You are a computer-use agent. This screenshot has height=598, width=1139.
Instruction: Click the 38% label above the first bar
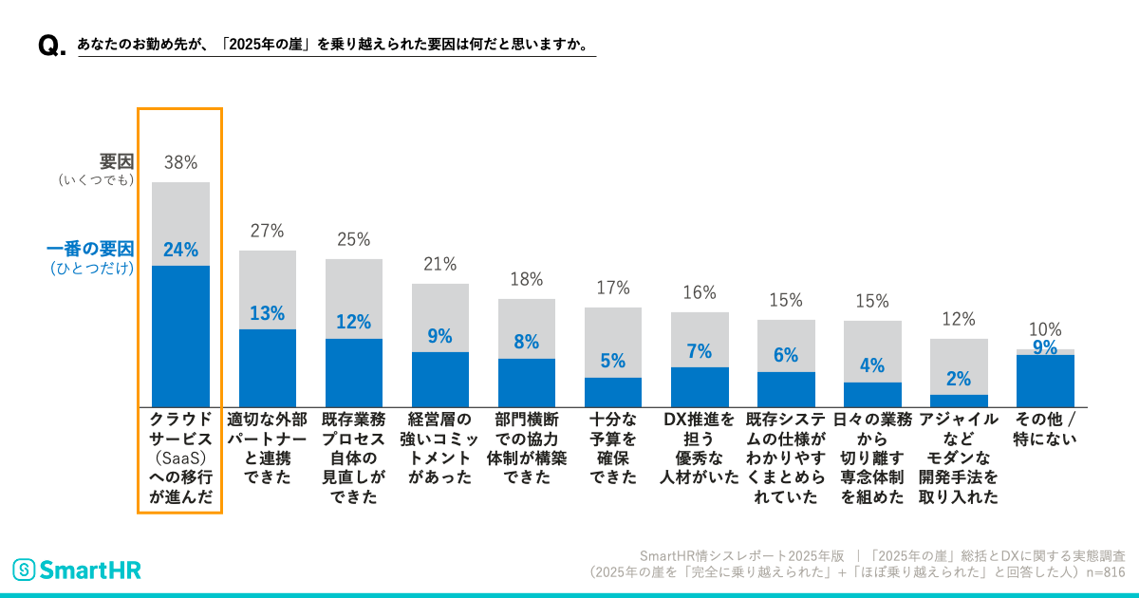[180, 162]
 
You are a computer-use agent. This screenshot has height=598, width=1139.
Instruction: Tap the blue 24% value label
[180, 250]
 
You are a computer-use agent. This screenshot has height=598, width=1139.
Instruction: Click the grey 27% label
[267, 231]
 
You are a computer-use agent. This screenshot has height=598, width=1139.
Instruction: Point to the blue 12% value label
[353, 322]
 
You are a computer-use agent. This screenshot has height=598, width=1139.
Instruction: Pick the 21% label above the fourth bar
[439, 264]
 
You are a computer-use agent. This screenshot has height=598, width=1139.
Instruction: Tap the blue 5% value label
[612, 361]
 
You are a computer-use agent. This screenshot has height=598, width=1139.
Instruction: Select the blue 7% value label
[699, 351]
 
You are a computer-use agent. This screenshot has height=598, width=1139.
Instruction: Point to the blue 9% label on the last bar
[1045, 347]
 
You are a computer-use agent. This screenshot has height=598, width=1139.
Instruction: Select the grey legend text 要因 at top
[116, 161]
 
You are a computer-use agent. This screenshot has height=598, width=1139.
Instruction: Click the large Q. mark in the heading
[50, 47]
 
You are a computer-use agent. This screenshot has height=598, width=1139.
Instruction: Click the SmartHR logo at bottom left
[76, 570]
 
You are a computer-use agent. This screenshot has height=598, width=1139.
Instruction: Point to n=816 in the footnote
[1105, 573]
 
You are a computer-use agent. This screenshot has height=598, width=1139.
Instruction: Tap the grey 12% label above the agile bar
[959, 320]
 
